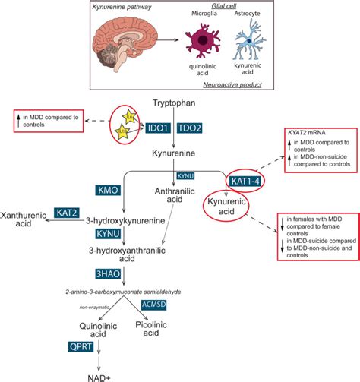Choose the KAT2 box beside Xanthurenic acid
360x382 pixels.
66,213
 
